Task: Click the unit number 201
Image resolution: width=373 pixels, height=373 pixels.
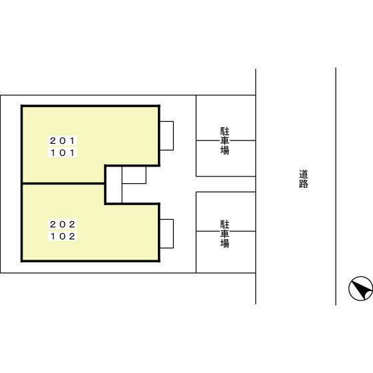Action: tap(63, 141)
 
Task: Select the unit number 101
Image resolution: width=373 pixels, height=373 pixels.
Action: tap(63, 153)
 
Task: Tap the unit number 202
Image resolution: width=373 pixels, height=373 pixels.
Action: tap(63, 224)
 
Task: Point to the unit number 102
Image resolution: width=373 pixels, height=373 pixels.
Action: tap(63, 236)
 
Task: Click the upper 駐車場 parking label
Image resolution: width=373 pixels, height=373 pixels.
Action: tap(225, 141)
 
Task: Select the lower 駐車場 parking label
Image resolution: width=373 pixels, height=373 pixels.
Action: tap(225, 234)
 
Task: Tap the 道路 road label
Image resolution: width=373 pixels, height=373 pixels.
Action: tap(304, 179)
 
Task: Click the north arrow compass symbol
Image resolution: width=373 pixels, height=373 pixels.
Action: tap(360, 288)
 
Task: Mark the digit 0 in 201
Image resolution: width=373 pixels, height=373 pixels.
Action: tap(63, 141)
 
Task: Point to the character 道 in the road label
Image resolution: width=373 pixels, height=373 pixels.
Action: tap(304, 174)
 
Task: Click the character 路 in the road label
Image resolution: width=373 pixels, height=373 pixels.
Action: tap(304, 184)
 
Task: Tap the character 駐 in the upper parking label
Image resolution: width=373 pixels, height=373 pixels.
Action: tap(225, 132)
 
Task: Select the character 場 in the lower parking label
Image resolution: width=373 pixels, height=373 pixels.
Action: tap(225, 244)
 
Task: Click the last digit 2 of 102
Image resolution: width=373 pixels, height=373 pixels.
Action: tap(73, 236)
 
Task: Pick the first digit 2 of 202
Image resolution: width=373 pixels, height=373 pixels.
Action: tap(53, 224)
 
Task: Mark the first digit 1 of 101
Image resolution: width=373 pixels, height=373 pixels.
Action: tap(53, 153)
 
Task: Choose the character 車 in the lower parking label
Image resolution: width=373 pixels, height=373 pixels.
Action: tap(225, 234)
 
